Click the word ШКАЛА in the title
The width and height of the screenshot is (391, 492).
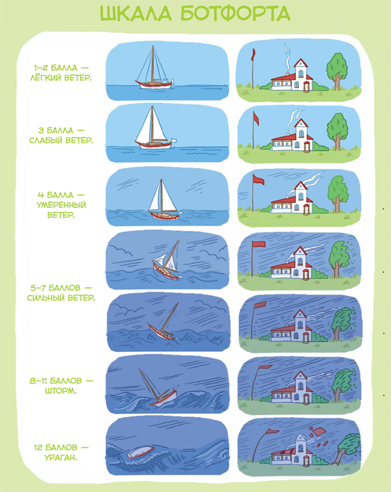click(x=136, y=14)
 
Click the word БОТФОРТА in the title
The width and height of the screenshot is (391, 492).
click(x=235, y=14)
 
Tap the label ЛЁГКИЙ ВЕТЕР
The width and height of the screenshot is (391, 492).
click(x=61, y=78)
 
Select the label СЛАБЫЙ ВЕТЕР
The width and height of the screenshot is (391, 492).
click(x=61, y=140)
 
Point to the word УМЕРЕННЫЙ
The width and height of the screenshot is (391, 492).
click(x=61, y=205)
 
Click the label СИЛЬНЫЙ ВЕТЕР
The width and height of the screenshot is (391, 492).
click(x=61, y=297)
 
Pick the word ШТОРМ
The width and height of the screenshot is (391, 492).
click(x=61, y=391)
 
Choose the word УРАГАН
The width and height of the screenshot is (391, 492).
click(x=61, y=457)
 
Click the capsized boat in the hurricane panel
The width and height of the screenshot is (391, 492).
click(x=140, y=452)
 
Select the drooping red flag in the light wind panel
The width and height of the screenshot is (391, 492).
click(x=253, y=54)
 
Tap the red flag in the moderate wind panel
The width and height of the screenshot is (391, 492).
click(x=258, y=179)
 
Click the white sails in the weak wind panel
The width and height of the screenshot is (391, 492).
click(x=151, y=126)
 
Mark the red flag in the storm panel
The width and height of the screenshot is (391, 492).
click(x=266, y=366)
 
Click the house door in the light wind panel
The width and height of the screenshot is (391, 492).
click(x=306, y=86)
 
